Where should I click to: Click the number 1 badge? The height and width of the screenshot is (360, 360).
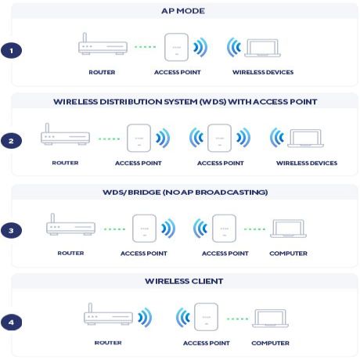[x=12, y=50]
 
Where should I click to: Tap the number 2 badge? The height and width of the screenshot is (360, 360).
[x=12, y=141]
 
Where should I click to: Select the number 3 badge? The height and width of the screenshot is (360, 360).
[x=12, y=231]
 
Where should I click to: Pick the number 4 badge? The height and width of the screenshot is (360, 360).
[x=12, y=322]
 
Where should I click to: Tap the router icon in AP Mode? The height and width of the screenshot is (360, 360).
[x=102, y=46]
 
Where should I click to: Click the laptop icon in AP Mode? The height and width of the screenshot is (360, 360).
[x=268, y=48]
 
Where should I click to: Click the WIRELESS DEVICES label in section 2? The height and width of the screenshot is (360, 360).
[x=307, y=163]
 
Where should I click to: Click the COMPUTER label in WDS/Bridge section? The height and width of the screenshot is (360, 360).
[x=289, y=253]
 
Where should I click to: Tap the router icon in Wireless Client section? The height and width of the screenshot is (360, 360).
[x=108, y=316]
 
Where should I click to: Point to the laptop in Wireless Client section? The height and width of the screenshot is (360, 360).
[x=270, y=317]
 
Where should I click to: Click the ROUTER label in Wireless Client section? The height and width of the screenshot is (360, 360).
[x=108, y=343]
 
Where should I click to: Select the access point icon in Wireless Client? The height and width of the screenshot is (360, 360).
[x=206, y=317]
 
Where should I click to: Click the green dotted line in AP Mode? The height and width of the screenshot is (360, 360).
[x=145, y=47]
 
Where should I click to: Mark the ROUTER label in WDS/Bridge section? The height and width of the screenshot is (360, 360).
[x=70, y=253]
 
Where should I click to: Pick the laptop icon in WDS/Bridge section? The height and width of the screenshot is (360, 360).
[x=288, y=228]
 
